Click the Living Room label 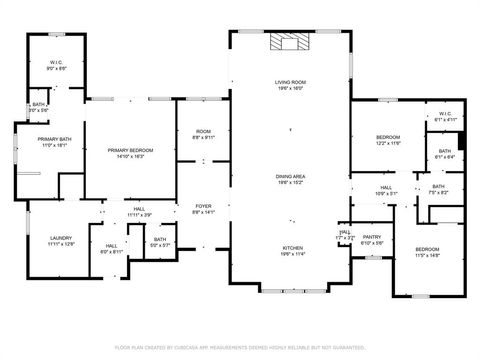(x=290, y=84)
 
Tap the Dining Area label (x=290, y=178)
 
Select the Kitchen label (x=291, y=250)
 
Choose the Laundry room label (x=62, y=241)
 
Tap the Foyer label (x=203, y=208)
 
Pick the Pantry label (x=371, y=239)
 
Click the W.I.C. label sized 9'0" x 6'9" (x=57, y=65)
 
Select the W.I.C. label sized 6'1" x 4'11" (x=445, y=116)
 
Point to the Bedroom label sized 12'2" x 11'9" (x=388, y=139)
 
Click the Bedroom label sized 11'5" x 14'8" (x=427, y=251)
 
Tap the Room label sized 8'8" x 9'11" (x=203, y=135)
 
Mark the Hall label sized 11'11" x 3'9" (x=138, y=212)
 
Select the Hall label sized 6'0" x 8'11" (x=111, y=248)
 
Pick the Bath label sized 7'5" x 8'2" (x=438, y=189)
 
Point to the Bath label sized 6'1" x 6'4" (x=444, y=154)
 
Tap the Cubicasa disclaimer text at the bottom (x=240, y=347)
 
